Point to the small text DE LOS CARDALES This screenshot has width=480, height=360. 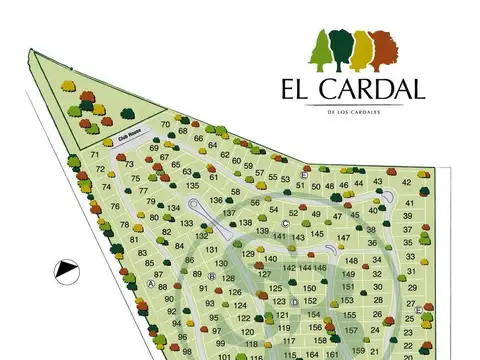[354, 111]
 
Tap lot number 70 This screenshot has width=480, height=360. [165, 123]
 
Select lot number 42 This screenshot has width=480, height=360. [407, 182]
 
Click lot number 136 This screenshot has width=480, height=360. [216, 200]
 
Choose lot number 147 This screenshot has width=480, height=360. [343, 238]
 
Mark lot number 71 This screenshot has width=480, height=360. [95, 155]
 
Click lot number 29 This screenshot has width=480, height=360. [410, 287]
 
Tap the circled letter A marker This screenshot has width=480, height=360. [150, 283]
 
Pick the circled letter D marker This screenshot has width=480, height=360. [294, 300]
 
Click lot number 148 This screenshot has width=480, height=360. [351, 261]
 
